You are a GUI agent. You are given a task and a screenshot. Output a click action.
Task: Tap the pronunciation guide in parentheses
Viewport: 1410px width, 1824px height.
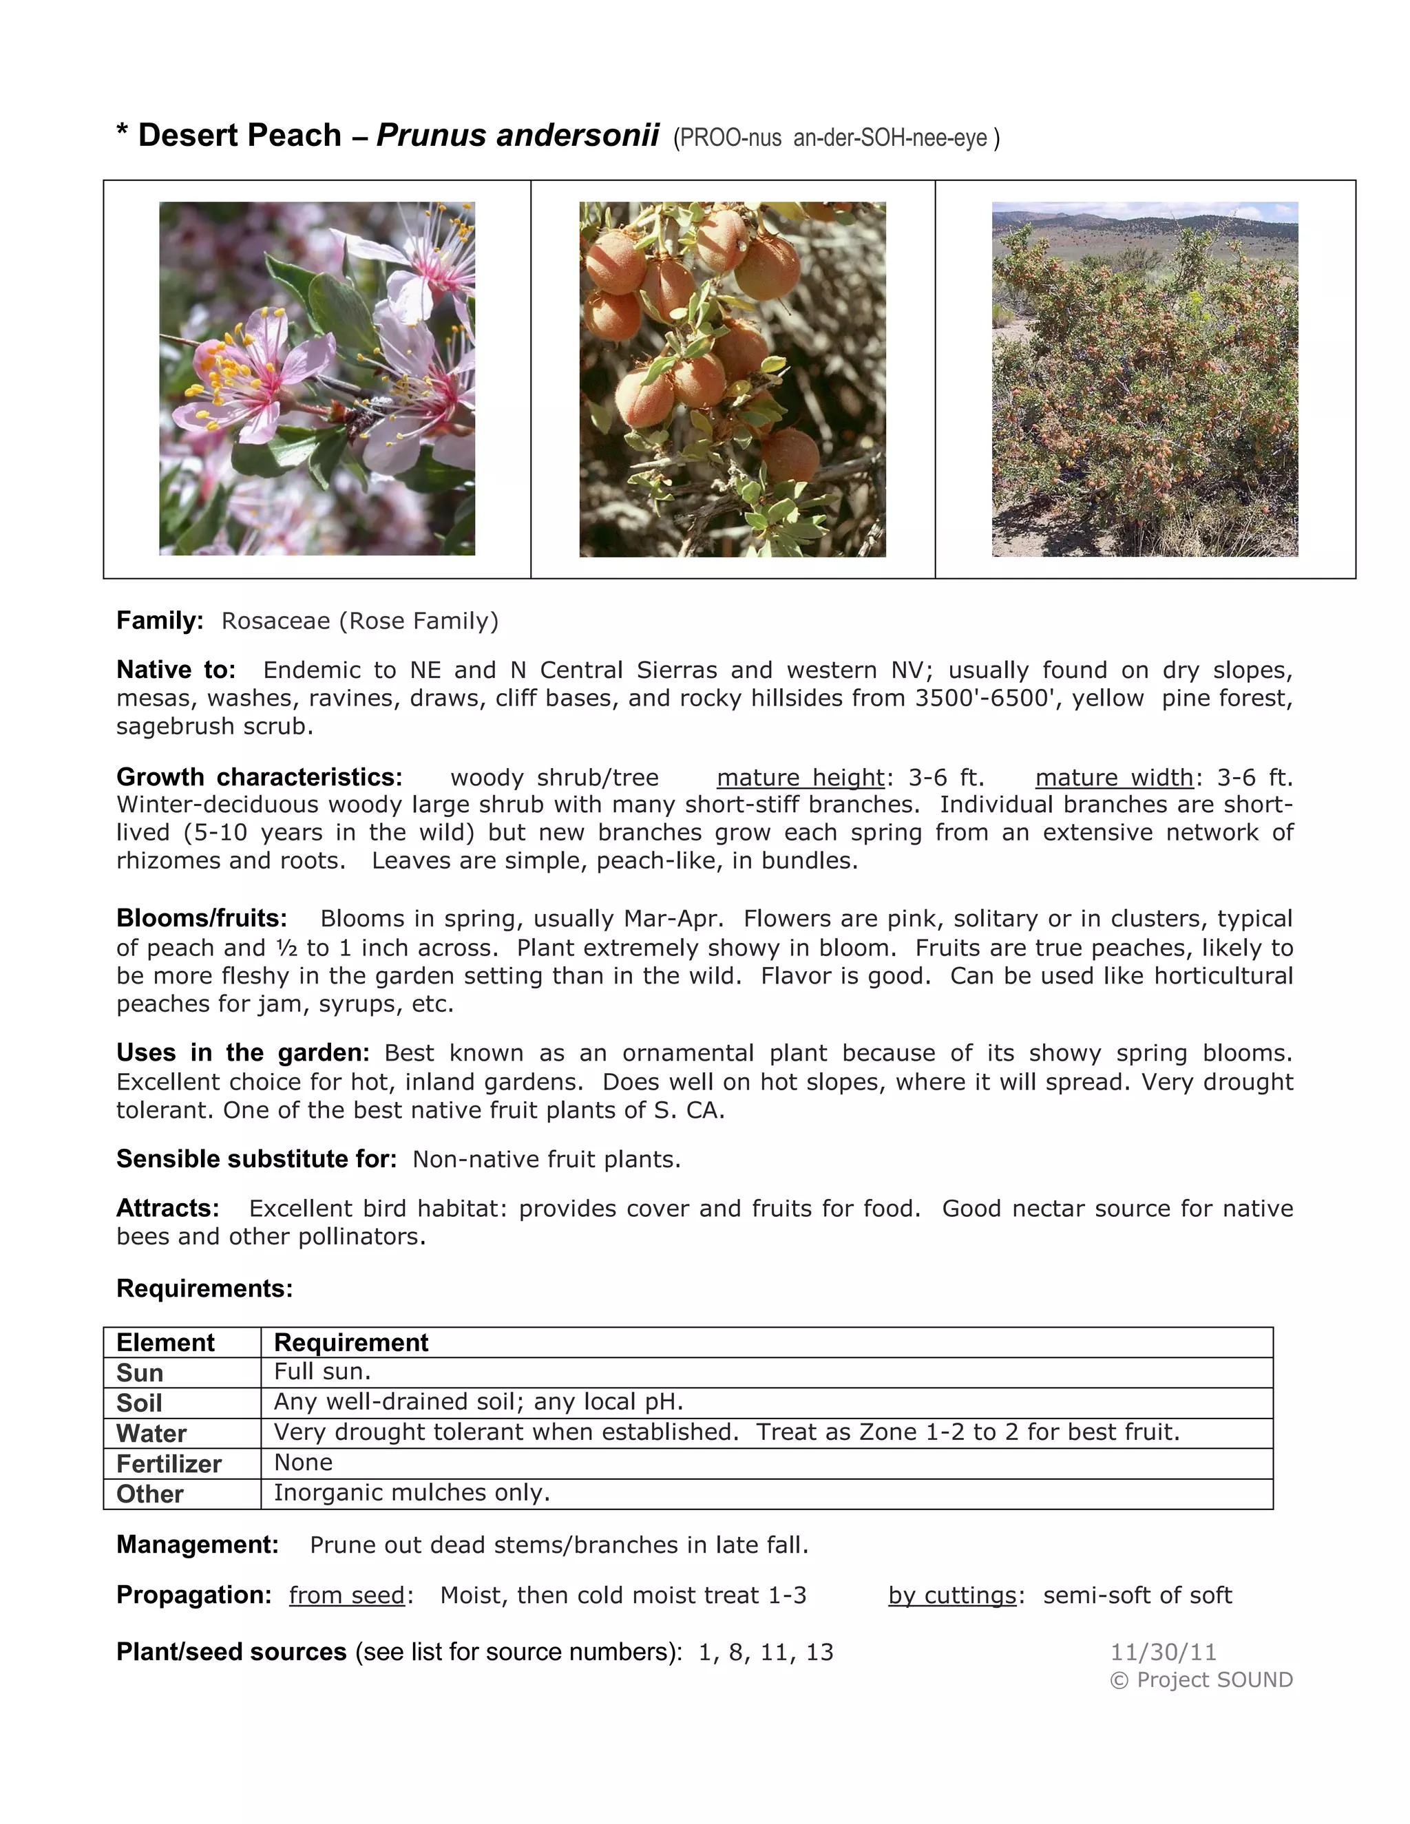[x=836, y=138]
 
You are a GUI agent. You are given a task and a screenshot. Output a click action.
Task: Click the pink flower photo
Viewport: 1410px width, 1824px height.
[x=317, y=379]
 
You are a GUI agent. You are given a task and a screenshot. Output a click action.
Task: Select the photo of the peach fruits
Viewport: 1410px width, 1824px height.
[x=733, y=379]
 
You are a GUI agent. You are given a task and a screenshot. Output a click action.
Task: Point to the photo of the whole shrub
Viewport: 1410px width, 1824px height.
[x=1144, y=379]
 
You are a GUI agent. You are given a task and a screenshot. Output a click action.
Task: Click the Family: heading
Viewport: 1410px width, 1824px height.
[x=160, y=621]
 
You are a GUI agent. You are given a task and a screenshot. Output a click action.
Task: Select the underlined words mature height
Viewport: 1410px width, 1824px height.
[x=800, y=778]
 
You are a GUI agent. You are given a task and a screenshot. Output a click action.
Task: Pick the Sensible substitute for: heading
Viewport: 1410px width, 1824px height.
[x=256, y=1159]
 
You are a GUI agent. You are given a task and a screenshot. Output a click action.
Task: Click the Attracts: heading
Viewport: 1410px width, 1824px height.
[x=168, y=1209]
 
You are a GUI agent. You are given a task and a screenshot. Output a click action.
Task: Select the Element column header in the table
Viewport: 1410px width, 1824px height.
[x=165, y=1343]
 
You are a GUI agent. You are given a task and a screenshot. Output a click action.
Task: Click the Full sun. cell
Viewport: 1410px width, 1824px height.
[x=322, y=1371]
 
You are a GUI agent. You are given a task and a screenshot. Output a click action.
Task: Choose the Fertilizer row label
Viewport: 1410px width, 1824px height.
[x=169, y=1464]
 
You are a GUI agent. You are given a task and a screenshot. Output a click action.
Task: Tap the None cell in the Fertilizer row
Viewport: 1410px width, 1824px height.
[x=303, y=1463]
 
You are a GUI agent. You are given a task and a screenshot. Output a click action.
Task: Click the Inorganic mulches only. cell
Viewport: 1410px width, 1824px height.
[x=412, y=1492]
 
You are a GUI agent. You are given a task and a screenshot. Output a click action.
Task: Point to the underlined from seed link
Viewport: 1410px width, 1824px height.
[x=347, y=1595]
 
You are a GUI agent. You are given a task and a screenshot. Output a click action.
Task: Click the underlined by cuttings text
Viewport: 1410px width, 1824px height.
[x=952, y=1595]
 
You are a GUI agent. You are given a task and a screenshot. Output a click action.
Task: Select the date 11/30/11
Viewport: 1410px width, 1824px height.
[x=1163, y=1652]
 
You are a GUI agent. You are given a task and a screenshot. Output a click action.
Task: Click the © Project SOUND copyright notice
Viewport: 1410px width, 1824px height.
[x=1201, y=1679]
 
